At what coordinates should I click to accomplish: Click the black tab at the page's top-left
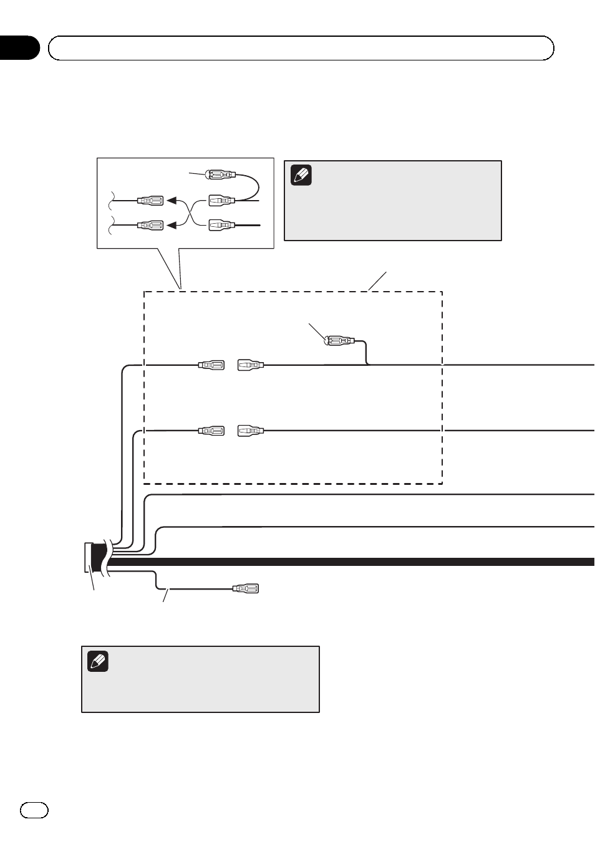click(x=19, y=48)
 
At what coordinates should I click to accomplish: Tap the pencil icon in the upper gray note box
click(x=301, y=175)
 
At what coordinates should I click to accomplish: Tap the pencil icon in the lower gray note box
click(x=98, y=661)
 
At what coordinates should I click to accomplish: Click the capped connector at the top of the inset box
click(x=221, y=175)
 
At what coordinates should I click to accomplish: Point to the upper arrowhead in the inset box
click(x=172, y=201)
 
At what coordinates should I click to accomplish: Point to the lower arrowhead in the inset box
click(x=172, y=225)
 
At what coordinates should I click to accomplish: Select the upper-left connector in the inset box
click(x=150, y=201)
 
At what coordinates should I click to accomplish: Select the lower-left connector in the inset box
click(x=150, y=225)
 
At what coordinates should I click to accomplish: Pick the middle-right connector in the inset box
click(x=221, y=201)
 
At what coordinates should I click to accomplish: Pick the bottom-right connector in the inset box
click(x=221, y=224)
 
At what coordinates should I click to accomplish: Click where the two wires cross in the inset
click(x=190, y=213)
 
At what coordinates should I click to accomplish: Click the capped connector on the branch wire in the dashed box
click(x=339, y=341)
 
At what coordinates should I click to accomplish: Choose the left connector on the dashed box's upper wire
click(x=211, y=365)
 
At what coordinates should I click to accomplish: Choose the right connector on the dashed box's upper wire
click(x=251, y=365)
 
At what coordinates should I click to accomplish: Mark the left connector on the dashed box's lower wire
click(x=211, y=431)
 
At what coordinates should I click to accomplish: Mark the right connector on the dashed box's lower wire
click(x=251, y=431)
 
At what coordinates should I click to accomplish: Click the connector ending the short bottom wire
click(x=245, y=588)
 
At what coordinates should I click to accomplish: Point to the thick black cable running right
click(x=374, y=562)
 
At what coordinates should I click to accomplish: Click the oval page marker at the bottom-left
click(x=34, y=810)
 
